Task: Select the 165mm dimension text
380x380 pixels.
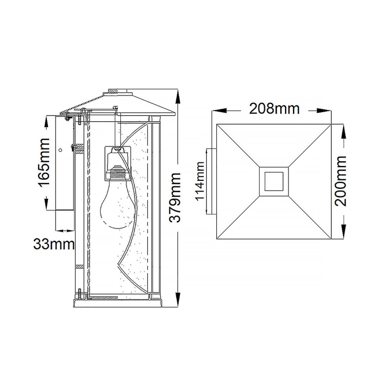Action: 44,162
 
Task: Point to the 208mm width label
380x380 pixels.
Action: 274,108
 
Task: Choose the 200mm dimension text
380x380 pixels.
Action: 341,181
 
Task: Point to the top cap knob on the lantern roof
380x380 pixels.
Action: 118,92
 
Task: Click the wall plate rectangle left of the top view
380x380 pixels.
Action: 211,181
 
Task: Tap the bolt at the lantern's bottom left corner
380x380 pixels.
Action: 79,294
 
